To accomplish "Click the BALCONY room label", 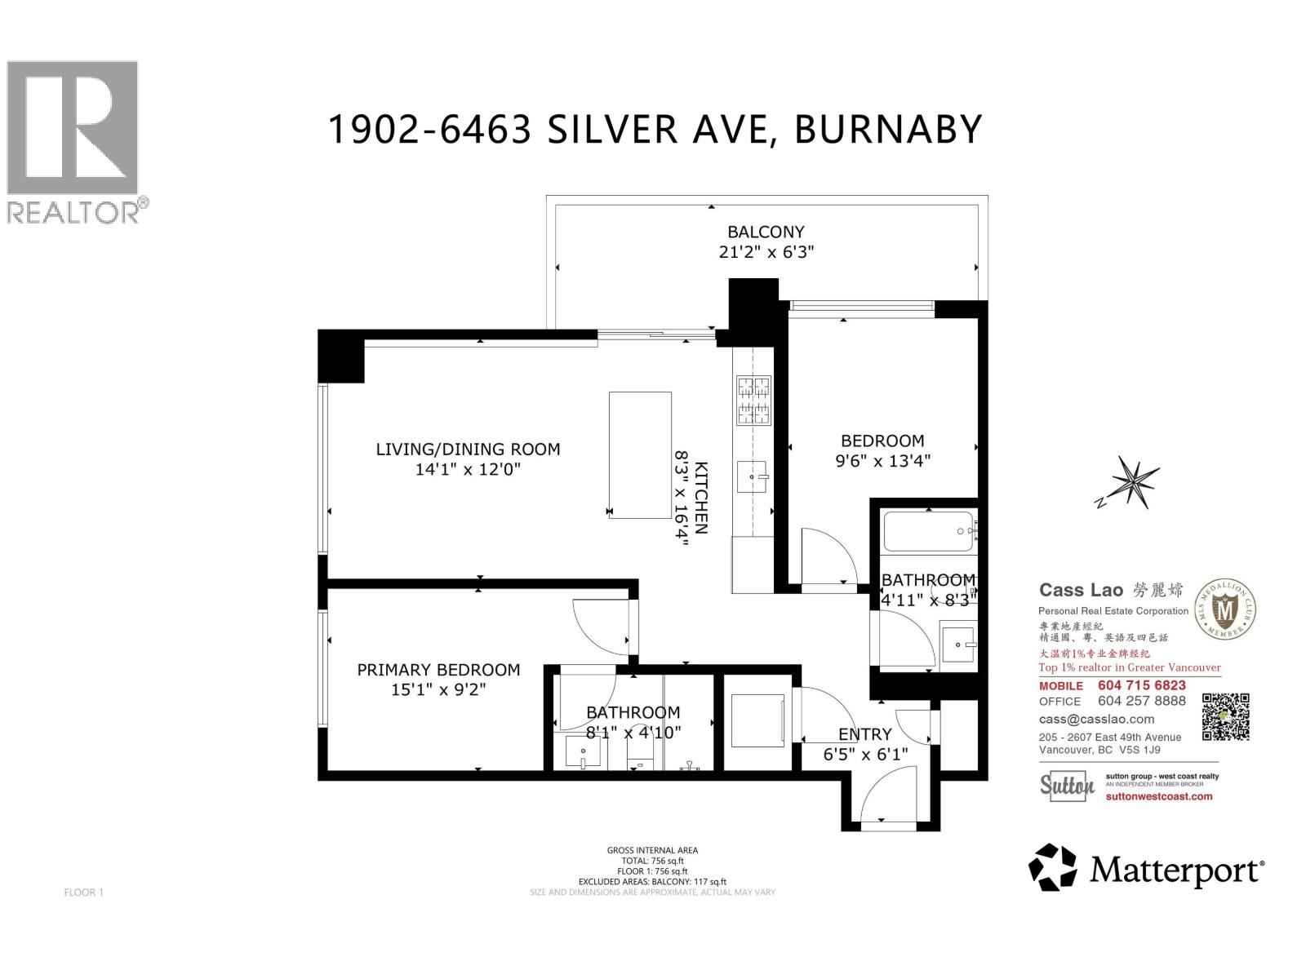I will click(x=766, y=232).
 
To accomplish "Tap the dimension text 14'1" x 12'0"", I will click(x=468, y=469).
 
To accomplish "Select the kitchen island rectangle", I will click(x=640, y=454).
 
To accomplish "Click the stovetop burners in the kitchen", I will click(x=754, y=401).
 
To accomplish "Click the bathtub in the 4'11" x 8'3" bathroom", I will click(x=929, y=532).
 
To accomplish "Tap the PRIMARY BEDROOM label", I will click(x=438, y=670).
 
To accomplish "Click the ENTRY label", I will click(x=864, y=734).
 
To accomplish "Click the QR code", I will click(x=1226, y=716).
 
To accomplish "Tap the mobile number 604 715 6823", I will click(x=1141, y=685).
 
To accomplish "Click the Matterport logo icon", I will click(x=1052, y=867).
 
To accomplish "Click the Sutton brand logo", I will click(x=1067, y=786).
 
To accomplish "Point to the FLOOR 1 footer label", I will click(x=83, y=893).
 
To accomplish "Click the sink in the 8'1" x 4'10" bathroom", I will click(x=584, y=753).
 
